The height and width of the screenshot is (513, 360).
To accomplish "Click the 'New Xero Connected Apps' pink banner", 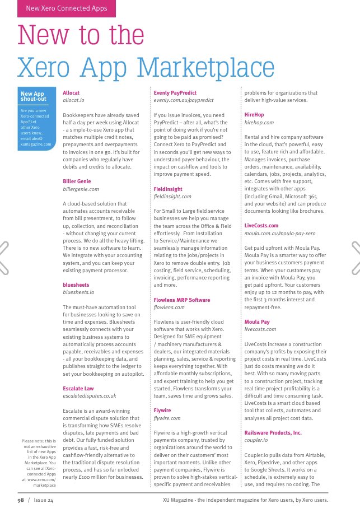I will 66,8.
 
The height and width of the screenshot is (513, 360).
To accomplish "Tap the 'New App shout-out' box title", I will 32,96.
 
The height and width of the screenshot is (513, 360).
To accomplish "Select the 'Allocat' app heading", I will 72,92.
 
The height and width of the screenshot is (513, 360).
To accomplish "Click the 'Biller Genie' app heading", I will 77,181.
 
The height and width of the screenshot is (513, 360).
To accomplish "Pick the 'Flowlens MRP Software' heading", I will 182,300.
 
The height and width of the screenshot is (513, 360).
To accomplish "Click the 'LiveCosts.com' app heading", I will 261,225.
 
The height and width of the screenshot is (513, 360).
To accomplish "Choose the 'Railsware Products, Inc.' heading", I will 273,433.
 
